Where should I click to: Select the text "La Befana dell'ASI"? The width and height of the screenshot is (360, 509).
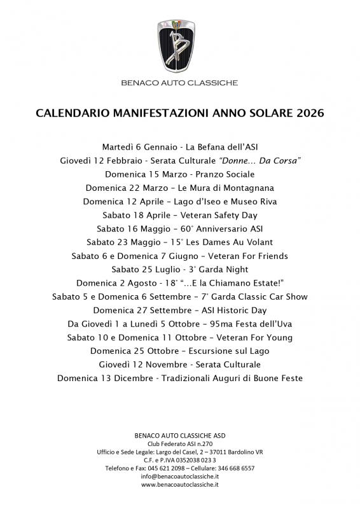[x=220, y=147]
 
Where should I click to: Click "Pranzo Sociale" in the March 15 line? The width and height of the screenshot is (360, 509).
[x=224, y=174]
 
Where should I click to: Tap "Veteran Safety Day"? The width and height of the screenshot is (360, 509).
[x=221, y=215]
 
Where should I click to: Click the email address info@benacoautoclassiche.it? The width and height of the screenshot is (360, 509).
[x=180, y=476]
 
